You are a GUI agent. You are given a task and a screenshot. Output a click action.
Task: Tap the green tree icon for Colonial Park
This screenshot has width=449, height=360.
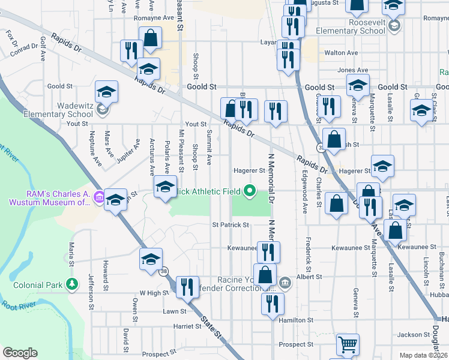click(72, 283)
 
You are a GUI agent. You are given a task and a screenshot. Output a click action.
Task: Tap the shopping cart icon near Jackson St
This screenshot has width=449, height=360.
click(348, 344)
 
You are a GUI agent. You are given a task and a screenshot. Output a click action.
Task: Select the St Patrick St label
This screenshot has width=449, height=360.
click(231, 225)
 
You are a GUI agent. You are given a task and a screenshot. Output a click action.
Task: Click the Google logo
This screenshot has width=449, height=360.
click(20, 353)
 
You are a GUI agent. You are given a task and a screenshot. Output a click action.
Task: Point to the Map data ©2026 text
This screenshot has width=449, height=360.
click(423, 355)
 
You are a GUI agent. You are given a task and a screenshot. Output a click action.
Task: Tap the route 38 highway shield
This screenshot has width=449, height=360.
click(164, 272)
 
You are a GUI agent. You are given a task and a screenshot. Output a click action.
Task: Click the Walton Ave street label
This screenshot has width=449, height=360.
click(341, 53)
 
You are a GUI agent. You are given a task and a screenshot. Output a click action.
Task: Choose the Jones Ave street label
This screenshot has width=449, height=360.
click(352, 70)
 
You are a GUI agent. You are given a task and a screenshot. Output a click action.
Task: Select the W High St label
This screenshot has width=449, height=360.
click(151, 293)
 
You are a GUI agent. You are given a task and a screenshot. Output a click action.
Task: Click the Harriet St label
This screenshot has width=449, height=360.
click(188, 326)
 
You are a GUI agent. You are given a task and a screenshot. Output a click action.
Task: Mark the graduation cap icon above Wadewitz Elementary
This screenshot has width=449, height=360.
click(107, 92)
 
